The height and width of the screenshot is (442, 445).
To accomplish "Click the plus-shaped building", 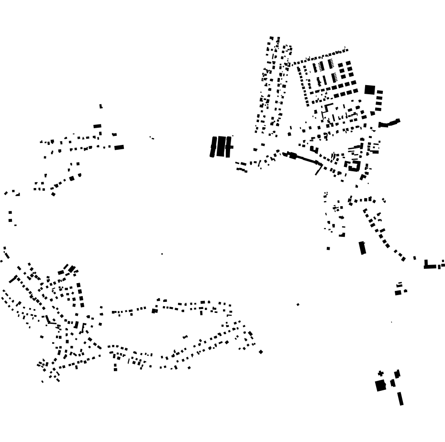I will [381, 374].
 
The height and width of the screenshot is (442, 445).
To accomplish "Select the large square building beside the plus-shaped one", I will [380, 386].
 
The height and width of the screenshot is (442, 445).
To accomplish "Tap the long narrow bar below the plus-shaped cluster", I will [400, 398].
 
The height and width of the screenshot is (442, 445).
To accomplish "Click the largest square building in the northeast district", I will [369, 89].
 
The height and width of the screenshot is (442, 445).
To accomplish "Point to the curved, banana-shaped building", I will [389, 123].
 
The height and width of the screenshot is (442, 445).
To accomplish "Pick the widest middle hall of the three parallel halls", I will [221, 146].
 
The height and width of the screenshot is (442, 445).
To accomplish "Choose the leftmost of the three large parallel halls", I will [213, 147].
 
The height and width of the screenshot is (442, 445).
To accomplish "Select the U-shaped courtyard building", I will [355, 166].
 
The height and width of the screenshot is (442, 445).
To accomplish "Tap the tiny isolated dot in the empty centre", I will [162, 254].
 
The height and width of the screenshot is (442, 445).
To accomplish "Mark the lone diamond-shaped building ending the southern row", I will [261, 352].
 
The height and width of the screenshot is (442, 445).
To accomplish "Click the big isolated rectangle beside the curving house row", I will [362, 248].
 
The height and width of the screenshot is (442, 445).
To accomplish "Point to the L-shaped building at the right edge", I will [431, 265].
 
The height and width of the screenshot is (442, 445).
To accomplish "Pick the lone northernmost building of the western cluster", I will [101, 106].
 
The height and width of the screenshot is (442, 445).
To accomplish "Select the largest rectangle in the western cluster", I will [119, 147].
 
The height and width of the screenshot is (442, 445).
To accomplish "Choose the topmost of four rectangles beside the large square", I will [379, 92].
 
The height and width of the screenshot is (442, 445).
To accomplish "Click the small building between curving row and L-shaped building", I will [414, 258].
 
